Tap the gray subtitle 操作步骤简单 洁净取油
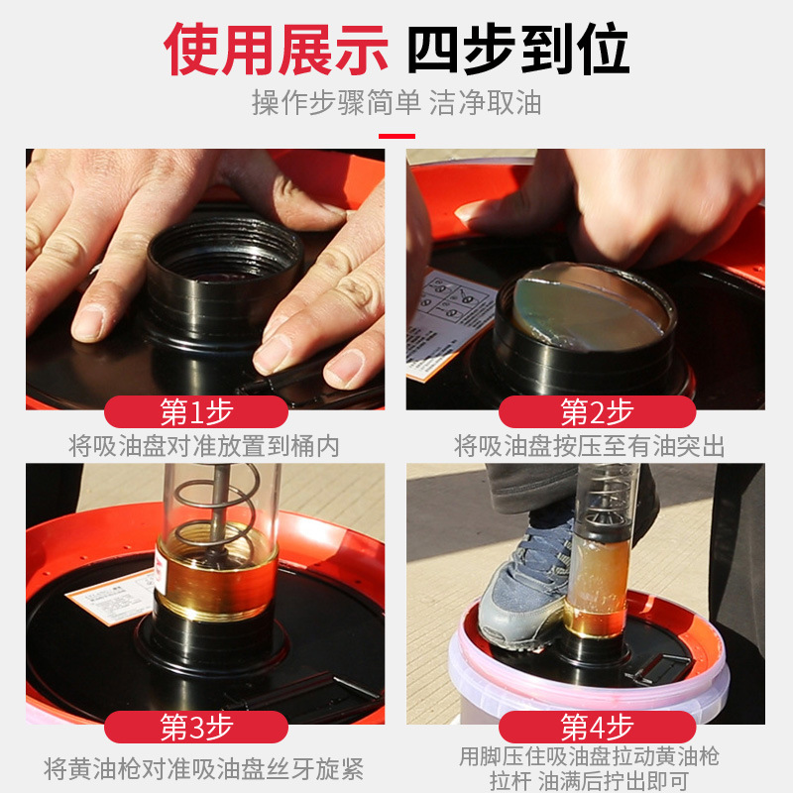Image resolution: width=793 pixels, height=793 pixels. coord(396,102)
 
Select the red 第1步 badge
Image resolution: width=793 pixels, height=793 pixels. coord(196,411)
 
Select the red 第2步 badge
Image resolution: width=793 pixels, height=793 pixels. coord(596,411)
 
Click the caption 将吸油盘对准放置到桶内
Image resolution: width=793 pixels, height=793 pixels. coord(204,446)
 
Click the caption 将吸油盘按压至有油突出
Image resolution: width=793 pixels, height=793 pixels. coord(590,446)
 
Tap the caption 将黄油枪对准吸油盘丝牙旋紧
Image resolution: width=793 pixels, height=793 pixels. coord(204,768)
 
